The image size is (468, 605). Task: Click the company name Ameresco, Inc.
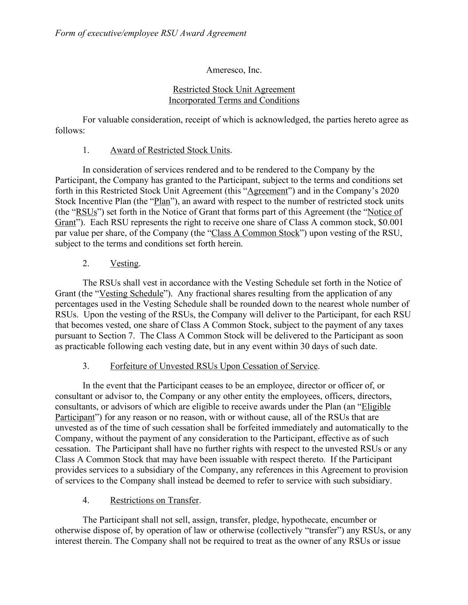234,70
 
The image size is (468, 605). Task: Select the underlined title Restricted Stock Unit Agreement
234,90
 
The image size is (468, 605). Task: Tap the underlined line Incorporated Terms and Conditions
234,100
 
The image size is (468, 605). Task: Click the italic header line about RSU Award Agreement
150,33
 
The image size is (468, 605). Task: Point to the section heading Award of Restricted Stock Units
170,150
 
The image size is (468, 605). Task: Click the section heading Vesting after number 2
124,264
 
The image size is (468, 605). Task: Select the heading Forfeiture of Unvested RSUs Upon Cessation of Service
214,366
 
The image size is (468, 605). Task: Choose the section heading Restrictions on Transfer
154,500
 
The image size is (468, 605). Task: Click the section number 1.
86,150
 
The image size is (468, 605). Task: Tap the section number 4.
86,500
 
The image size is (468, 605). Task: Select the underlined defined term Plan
162,202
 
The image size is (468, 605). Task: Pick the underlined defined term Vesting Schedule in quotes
131,293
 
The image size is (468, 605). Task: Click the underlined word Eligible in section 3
376,407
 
